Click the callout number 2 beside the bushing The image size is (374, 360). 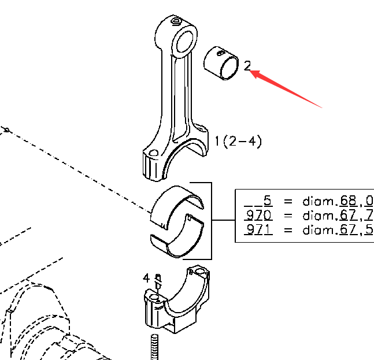pos(247,66)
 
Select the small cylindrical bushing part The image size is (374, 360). pos(221,63)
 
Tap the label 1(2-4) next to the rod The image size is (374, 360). pos(238,142)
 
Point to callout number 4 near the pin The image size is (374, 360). pos(146,278)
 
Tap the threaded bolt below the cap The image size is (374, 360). pos(154,347)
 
